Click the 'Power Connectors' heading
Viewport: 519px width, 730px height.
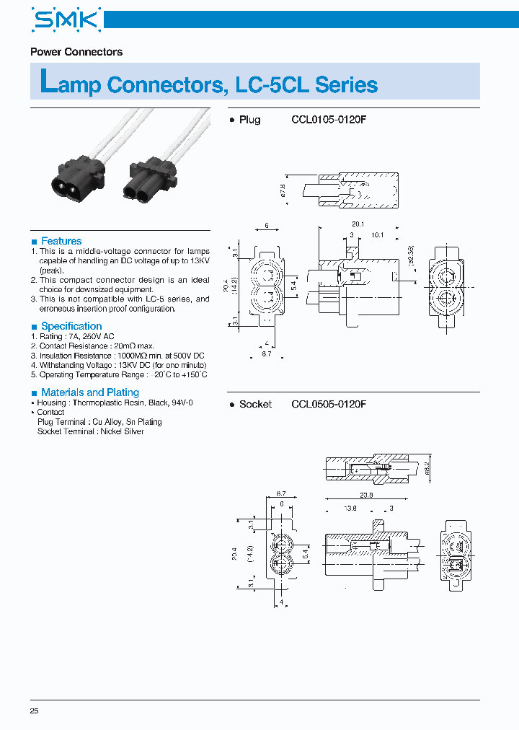(76, 52)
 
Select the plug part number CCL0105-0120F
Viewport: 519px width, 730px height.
(329, 120)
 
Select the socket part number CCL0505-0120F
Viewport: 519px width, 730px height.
(329, 404)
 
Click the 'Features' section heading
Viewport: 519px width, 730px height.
(61, 241)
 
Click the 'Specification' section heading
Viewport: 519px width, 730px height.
(71, 326)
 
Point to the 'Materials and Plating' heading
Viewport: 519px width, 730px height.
(89, 392)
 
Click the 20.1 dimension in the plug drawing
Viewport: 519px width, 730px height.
(358, 224)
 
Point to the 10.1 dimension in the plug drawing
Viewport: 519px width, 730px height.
(377, 234)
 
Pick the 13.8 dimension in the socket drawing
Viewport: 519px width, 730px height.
(350, 509)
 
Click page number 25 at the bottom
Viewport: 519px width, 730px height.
(35, 711)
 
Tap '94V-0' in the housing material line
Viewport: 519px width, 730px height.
(181, 403)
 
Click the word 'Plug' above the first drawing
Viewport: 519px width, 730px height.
(249, 120)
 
